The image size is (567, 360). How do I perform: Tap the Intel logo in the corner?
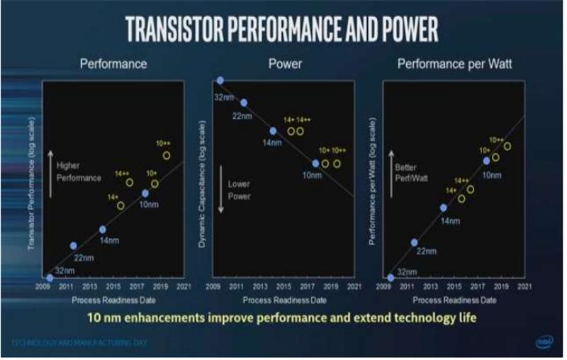(544, 342)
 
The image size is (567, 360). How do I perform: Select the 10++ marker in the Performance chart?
(167, 155)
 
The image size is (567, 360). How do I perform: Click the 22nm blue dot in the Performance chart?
(74, 245)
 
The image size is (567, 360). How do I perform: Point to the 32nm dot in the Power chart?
(220, 81)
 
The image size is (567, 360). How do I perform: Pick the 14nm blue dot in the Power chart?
(273, 131)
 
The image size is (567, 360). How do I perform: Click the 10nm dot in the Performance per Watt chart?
(486, 161)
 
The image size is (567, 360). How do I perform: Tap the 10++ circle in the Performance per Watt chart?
(507, 146)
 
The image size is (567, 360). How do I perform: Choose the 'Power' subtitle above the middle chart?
(285, 64)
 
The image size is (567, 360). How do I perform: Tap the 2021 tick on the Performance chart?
(184, 287)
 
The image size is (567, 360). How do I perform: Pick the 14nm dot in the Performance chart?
(103, 230)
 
